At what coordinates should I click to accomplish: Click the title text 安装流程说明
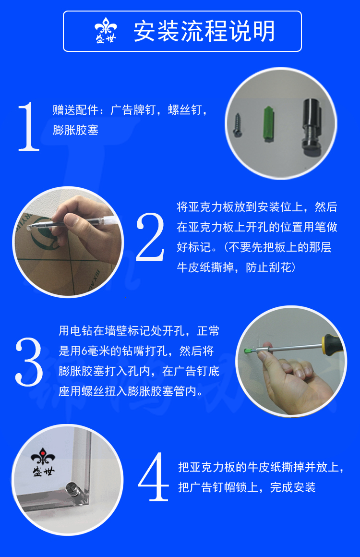click(204, 31)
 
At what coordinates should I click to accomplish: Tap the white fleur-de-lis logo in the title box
click(106, 30)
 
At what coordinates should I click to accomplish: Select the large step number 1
click(28, 126)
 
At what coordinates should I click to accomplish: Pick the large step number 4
click(154, 477)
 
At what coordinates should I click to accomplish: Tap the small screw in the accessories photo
click(237, 124)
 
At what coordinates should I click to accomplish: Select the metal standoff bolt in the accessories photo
click(312, 127)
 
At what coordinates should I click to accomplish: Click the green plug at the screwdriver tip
click(250, 351)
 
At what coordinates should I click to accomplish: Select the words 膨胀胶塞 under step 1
click(76, 130)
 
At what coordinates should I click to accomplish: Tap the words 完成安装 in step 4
click(293, 487)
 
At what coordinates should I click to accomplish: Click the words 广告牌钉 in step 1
click(133, 110)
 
